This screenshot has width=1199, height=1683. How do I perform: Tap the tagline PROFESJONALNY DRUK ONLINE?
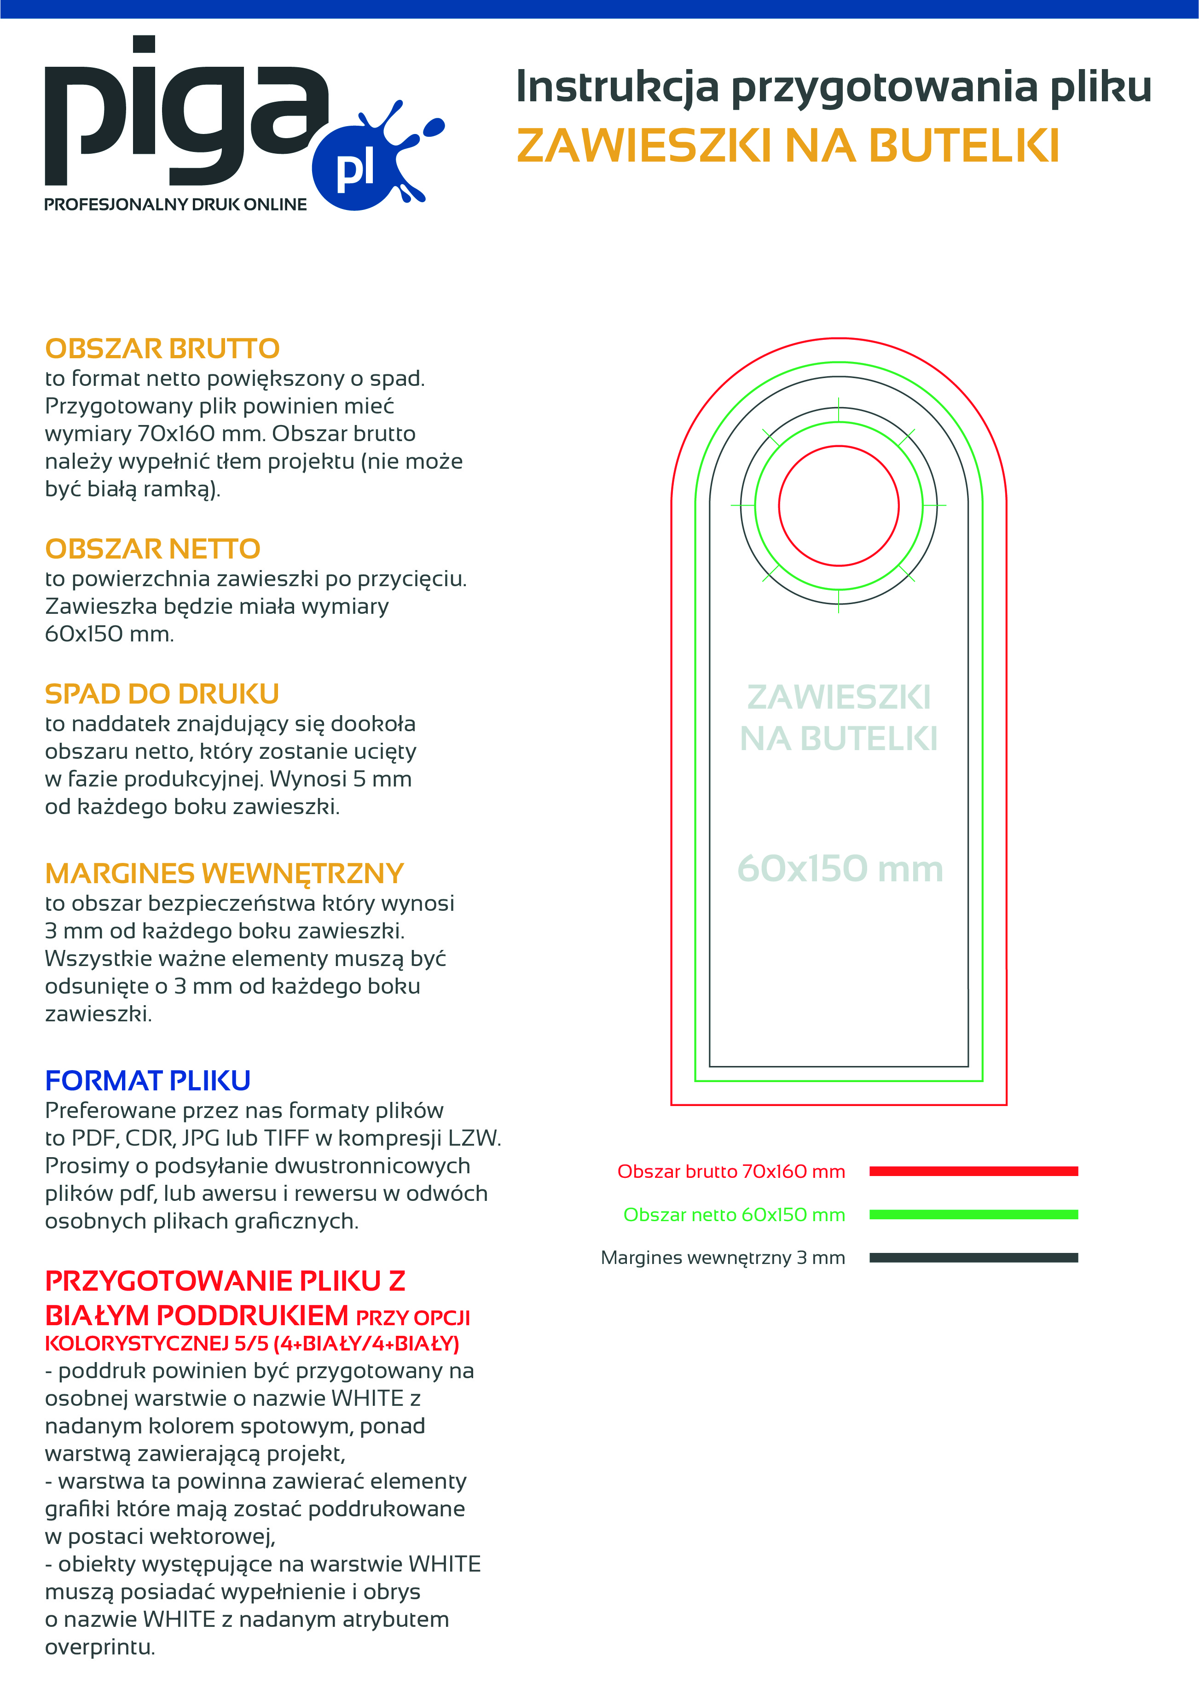(176, 204)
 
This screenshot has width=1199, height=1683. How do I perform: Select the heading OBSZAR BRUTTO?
(162, 349)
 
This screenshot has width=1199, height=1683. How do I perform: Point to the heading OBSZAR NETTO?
(153, 549)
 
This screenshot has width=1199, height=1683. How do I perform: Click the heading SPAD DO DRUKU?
(162, 694)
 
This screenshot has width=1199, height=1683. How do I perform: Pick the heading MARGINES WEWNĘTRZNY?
(225, 873)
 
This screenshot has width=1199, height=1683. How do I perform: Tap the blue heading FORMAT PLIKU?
(148, 1080)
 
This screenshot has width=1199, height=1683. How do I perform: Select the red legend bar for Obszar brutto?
(973, 1171)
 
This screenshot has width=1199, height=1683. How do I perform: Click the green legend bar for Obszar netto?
(973, 1215)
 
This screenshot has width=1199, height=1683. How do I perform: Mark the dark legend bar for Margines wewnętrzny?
(973, 1258)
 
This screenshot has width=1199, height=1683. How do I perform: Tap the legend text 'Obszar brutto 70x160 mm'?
(731, 1172)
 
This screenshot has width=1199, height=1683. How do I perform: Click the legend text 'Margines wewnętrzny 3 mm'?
(723, 1258)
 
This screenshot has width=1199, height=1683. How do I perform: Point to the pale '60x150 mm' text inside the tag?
(840, 869)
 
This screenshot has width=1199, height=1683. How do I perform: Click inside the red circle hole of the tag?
(839, 506)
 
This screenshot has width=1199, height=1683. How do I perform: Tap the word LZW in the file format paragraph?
(474, 1138)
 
